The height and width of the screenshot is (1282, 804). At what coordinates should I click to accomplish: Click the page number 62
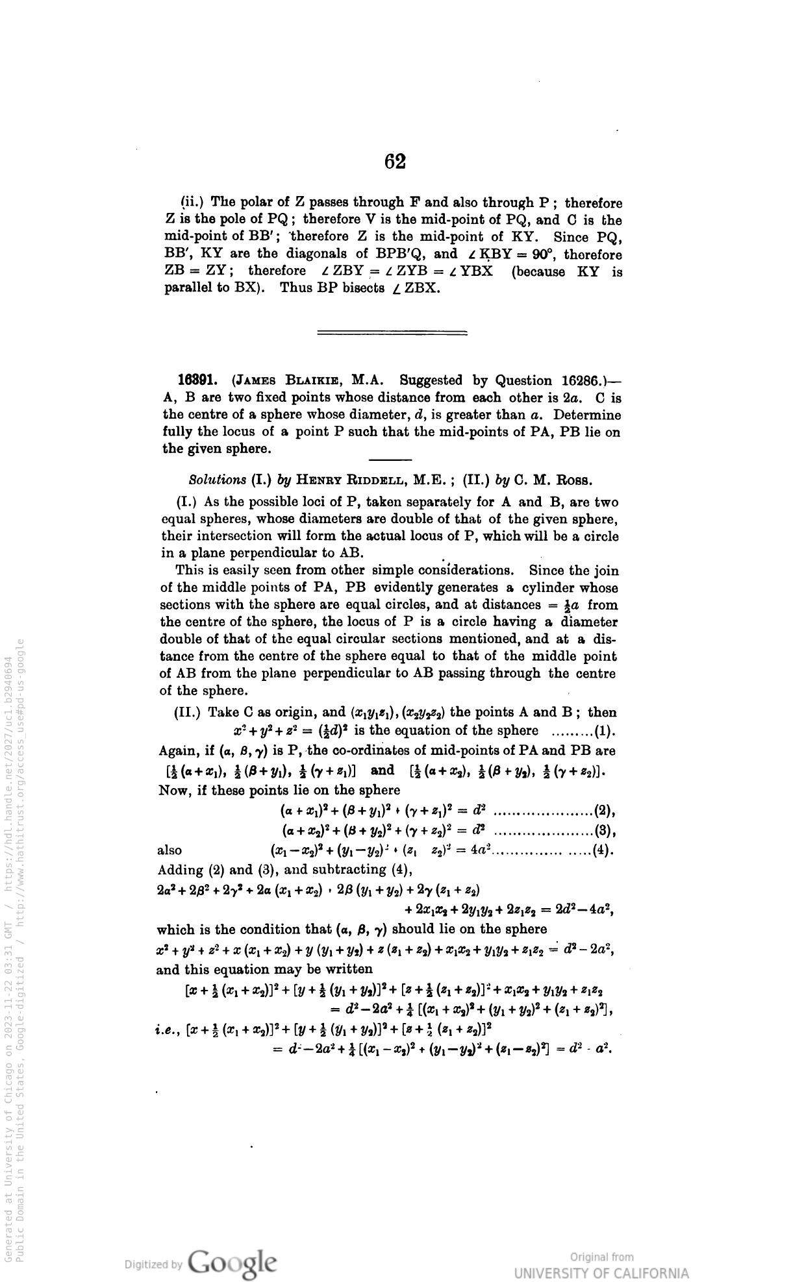point(395,161)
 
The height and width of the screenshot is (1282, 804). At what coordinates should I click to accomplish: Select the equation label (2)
point(605,811)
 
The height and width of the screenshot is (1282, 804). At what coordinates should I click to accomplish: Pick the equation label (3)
point(605,830)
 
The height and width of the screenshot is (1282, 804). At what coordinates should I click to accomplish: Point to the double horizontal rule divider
point(392,334)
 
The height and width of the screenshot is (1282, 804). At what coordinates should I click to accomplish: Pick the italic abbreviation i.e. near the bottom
point(169,1030)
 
